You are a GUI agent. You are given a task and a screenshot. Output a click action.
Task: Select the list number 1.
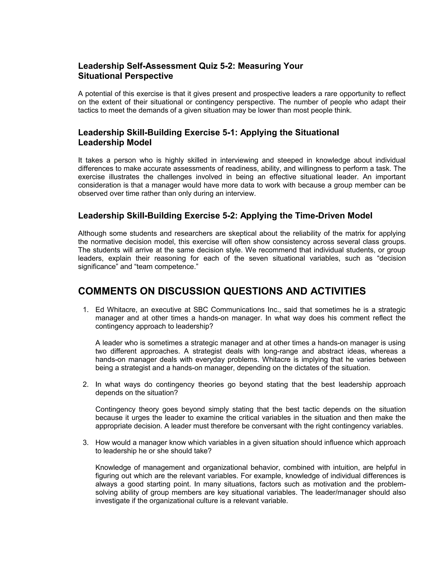85,310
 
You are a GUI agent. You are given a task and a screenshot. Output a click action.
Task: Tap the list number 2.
85,384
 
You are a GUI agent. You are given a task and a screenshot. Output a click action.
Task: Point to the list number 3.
85,443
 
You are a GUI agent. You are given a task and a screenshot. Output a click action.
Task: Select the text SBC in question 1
201,310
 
